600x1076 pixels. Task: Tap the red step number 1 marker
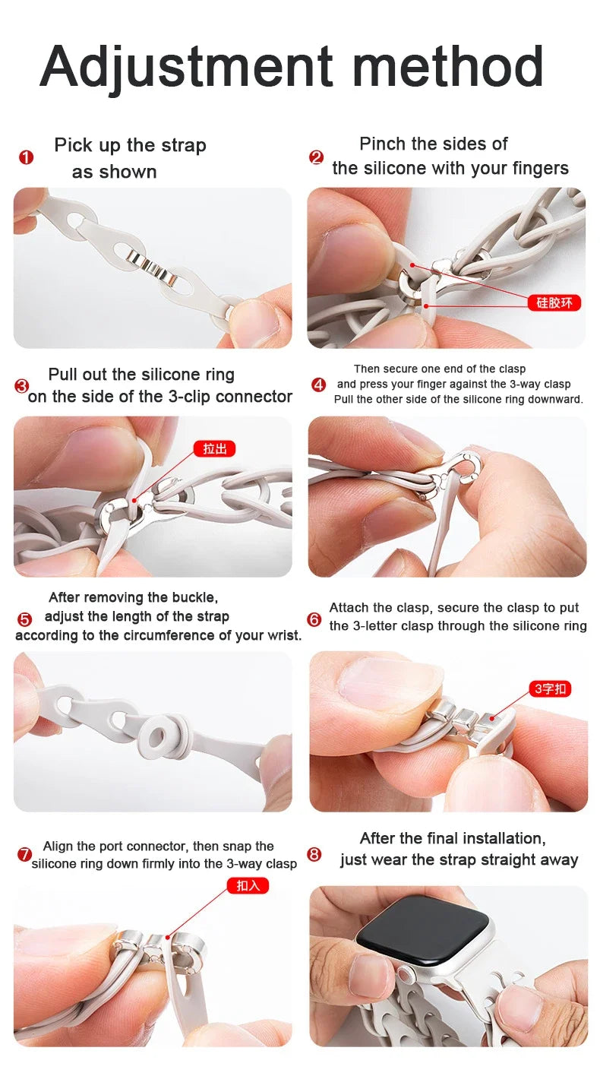point(26,157)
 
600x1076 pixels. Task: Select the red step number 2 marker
point(316,157)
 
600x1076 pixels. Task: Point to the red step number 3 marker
point(21,386)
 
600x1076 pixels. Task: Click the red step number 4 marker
point(319,385)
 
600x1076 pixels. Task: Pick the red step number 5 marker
point(24,619)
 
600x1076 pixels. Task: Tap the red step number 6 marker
point(314,619)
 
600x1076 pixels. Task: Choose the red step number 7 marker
point(24,855)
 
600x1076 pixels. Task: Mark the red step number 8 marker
point(314,854)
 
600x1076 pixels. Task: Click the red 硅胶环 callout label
point(554,302)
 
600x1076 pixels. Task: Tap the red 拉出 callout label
point(215,448)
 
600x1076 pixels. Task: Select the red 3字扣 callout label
point(550,688)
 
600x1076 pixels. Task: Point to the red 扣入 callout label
point(248,885)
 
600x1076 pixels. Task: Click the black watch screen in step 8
point(422,928)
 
